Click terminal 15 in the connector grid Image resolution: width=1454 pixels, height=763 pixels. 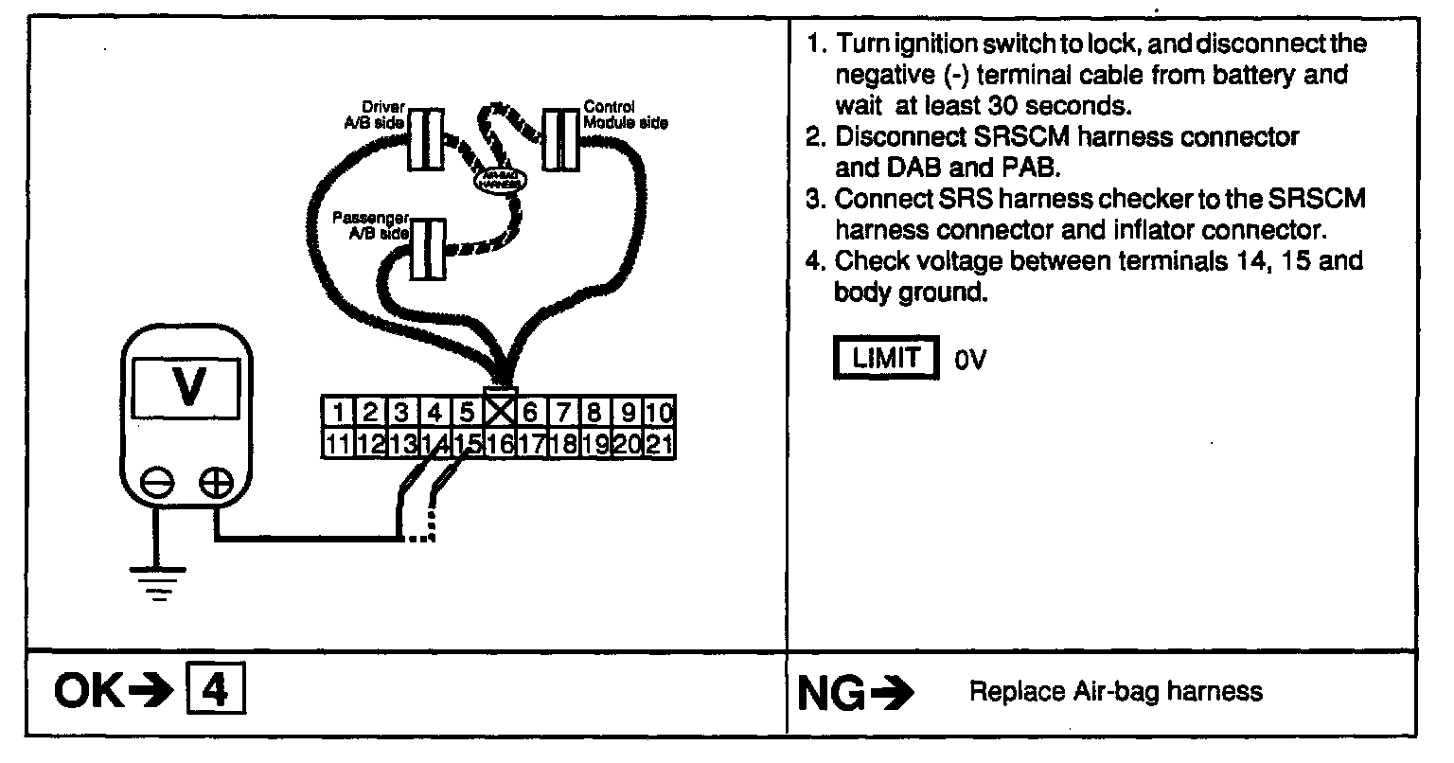point(467,442)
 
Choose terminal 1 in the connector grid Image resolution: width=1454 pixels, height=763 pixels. point(336,413)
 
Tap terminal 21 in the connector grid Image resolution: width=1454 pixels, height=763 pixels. point(663,442)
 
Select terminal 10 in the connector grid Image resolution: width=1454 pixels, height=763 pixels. point(662,413)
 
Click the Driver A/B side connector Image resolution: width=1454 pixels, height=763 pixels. point(426,139)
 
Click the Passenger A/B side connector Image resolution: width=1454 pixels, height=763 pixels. point(429,248)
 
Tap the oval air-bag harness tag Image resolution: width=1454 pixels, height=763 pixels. point(499,180)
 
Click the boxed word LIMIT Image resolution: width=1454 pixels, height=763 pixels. point(886,357)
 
